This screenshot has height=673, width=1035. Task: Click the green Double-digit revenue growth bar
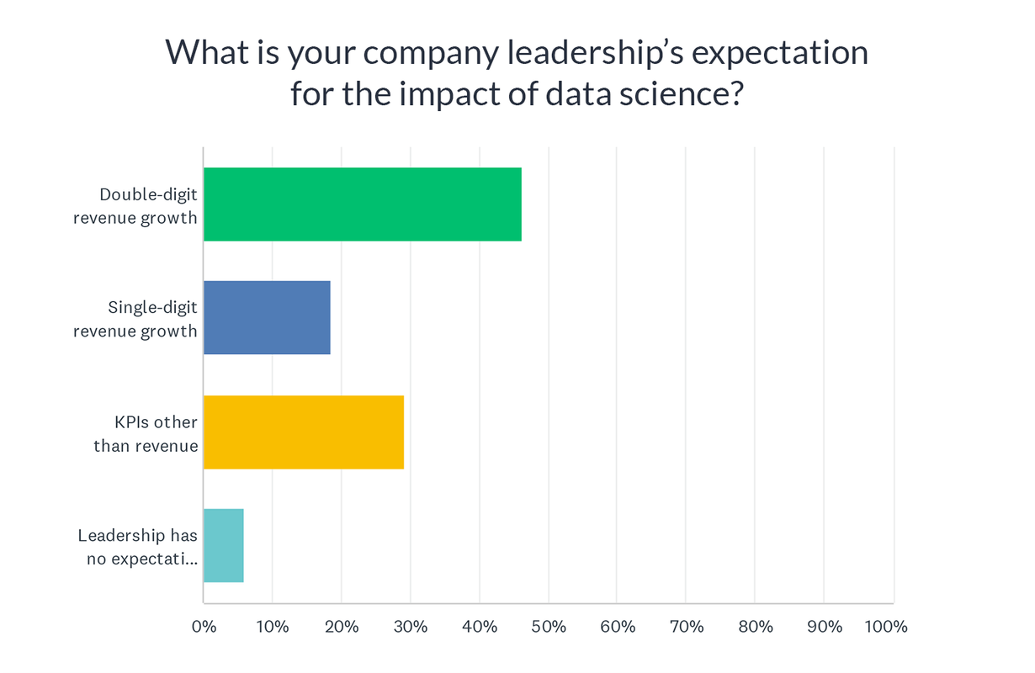362,204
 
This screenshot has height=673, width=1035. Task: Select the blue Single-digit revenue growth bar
267,318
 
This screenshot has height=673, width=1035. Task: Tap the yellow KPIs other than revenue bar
303,432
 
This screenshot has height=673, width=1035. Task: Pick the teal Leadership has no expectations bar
223,545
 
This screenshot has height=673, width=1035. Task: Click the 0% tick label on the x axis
204,627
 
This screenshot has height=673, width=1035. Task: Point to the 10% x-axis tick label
273,627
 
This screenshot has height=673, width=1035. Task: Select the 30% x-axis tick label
411,627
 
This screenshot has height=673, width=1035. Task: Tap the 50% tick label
549,627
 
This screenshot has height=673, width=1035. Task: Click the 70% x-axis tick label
686,627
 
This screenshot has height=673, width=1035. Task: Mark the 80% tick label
755,627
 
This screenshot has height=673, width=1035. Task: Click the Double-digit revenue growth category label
137,206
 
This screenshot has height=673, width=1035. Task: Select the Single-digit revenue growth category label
137,320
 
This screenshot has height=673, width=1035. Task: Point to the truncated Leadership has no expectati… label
139,547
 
